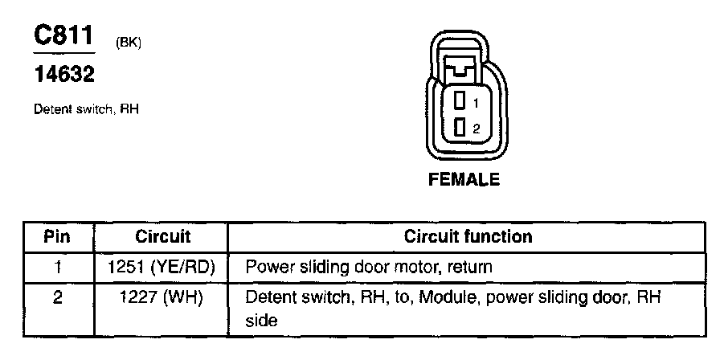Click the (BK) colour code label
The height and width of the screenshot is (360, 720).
pyautogui.click(x=129, y=43)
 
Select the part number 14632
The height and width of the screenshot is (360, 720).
pyautogui.click(x=63, y=76)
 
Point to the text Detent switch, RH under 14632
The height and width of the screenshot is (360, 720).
pyautogui.click(x=86, y=109)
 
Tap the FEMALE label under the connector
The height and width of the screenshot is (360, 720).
pyautogui.click(x=464, y=179)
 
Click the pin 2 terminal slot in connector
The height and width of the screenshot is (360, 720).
pyautogui.click(x=460, y=126)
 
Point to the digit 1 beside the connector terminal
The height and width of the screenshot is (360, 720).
pyautogui.click(x=476, y=104)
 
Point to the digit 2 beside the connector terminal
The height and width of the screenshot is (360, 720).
pyautogui.click(x=476, y=128)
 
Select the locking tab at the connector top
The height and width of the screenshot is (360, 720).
pyautogui.click(x=464, y=68)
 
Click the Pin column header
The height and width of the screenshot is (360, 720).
pyautogui.click(x=57, y=237)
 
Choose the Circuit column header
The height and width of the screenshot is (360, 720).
pyautogui.click(x=162, y=237)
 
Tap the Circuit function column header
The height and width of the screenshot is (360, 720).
pyautogui.click(x=467, y=237)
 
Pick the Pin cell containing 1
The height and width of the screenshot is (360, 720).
pyautogui.click(x=57, y=265)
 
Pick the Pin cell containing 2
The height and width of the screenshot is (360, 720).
pyautogui.click(x=57, y=297)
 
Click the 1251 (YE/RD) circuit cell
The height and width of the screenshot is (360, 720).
pyautogui.click(x=162, y=265)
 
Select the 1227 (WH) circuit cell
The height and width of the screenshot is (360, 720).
pyautogui.click(x=162, y=297)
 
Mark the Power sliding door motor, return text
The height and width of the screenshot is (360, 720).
pyautogui.click(x=368, y=265)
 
